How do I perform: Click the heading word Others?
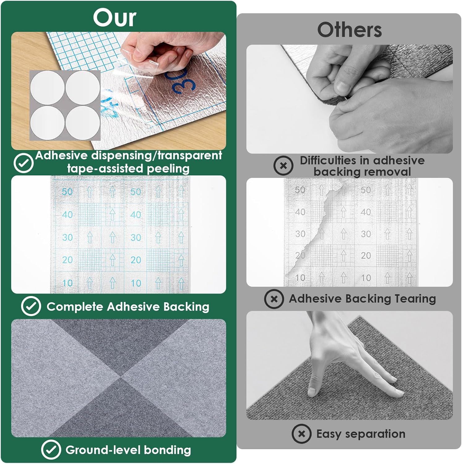(349, 30)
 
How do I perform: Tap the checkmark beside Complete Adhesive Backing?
(31, 306)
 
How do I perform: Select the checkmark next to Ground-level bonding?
(51, 449)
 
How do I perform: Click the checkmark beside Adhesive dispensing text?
(24, 163)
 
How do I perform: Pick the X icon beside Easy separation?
(301, 434)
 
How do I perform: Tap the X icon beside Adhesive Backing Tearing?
(274, 299)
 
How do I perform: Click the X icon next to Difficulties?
(283, 165)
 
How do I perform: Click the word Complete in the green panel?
(75, 307)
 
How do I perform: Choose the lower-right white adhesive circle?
(82, 122)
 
